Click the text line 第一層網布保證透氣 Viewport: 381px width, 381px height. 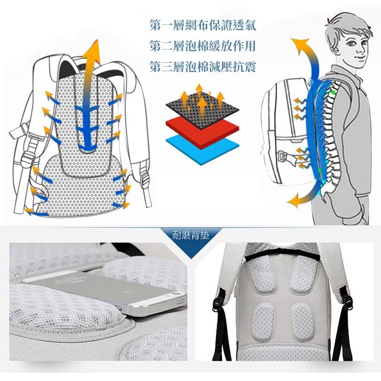tap(203, 25)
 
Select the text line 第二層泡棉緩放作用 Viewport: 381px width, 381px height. tap(203, 46)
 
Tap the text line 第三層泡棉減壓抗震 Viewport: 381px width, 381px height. tap(203, 66)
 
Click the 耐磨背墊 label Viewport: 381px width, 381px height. tap(190, 235)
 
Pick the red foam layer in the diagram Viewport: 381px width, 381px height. tap(202, 131)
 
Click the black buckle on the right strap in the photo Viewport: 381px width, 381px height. tap(348, 300)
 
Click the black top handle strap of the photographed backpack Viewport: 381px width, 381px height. tap(282, 254)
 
